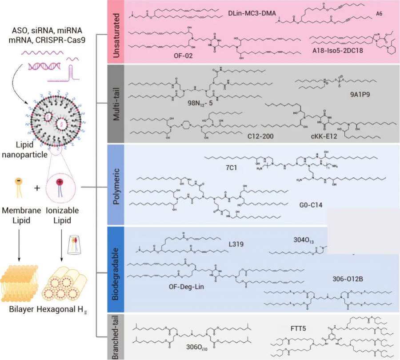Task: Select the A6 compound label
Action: tap(379, 14)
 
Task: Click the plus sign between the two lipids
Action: tap(37, 188)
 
